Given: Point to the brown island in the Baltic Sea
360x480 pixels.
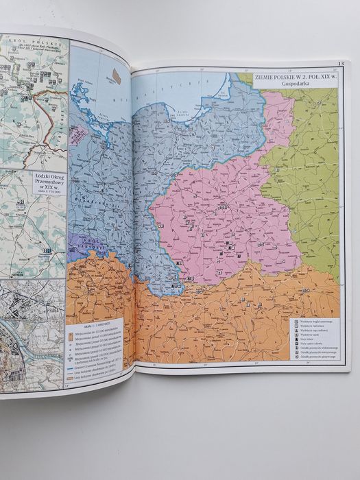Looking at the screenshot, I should coord(117,75).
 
